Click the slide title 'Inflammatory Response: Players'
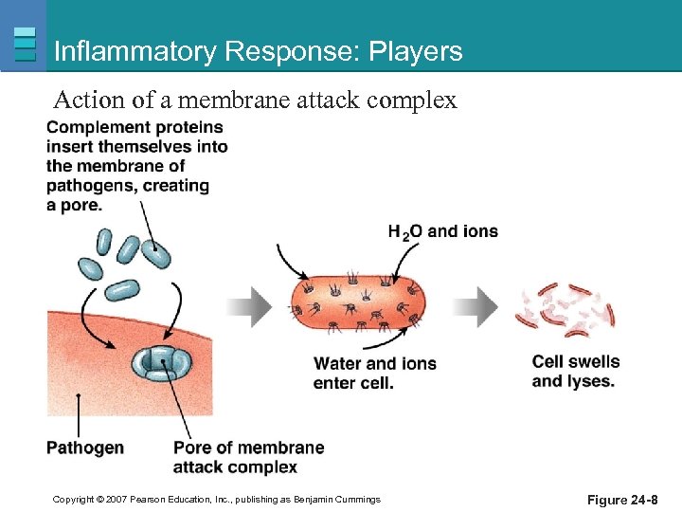[x=258, y=51]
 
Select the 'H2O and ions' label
[x=442, y=231]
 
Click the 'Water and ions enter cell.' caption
[x=374, y=373]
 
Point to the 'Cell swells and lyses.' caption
[x=575, y=371]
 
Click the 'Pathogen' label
[x=84, y=448]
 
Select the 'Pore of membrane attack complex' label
[x=248, y=457]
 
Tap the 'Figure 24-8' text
[x=622, y=500]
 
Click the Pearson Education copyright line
[x=216, y=500]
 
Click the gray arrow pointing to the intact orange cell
[x=250, y=305]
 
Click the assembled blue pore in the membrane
[x=160, y=362]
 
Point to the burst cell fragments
[x=565, y=308]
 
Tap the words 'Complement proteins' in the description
[x=135, y=127]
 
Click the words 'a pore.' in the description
[x=74, y=204]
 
